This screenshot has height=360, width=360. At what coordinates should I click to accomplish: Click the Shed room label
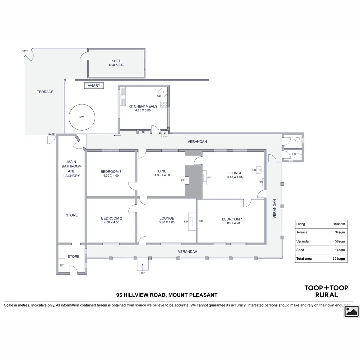[116, 61]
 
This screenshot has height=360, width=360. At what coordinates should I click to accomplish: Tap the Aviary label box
[94, 86]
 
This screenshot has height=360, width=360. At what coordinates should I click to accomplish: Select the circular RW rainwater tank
[82, 117]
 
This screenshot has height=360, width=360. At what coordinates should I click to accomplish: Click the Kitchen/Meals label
[143, 106]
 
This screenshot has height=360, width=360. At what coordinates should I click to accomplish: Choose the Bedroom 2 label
[111, 218]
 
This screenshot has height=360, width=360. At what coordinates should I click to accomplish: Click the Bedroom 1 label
[232, 219]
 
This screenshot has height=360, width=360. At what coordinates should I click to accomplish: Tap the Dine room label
[162, 171]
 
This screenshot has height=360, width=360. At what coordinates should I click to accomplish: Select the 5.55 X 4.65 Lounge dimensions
[235, 177]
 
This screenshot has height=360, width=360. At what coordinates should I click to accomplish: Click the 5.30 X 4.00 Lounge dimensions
[167, 222]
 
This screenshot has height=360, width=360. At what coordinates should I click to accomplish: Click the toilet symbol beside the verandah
[299, 140]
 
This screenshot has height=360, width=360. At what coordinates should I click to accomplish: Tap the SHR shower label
[293, 154]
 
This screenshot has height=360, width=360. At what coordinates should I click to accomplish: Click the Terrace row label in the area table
[302, 232]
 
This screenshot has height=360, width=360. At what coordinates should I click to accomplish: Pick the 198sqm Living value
[340, 224]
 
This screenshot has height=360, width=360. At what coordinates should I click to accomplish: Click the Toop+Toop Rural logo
[326, 291]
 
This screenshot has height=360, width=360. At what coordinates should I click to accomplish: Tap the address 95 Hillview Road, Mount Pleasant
[167, 295]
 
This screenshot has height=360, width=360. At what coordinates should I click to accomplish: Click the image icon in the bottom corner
[351, 311]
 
